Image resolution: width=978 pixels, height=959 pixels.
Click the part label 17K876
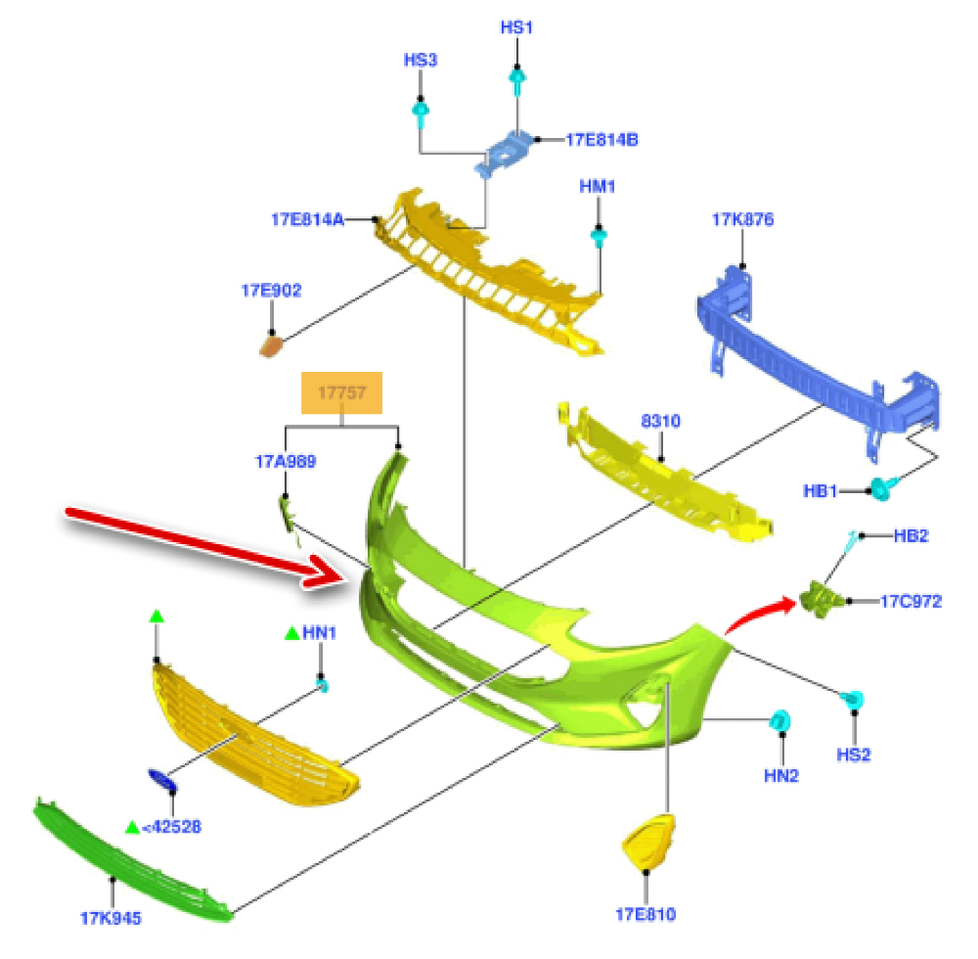tap(742, 220)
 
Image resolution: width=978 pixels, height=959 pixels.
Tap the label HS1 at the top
tap(516, 27)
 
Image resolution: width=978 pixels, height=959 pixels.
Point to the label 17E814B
tap(601, 139)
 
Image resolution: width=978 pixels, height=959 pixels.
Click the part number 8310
tap(660, 422)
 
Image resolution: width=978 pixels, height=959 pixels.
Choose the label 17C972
tap(911, 601)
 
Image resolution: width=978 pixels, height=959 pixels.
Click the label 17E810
tap(645, 915)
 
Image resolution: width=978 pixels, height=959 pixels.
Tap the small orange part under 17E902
tap(271, 344)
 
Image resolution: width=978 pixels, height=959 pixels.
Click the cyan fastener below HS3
tap(421, 114)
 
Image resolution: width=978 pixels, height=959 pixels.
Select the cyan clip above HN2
tap(781, 722)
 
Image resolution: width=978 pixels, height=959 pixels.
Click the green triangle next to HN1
tap(290, 634)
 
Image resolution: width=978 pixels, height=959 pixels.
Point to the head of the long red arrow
tap(333, 574)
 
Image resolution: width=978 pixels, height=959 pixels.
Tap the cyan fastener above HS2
tap(854, 699)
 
